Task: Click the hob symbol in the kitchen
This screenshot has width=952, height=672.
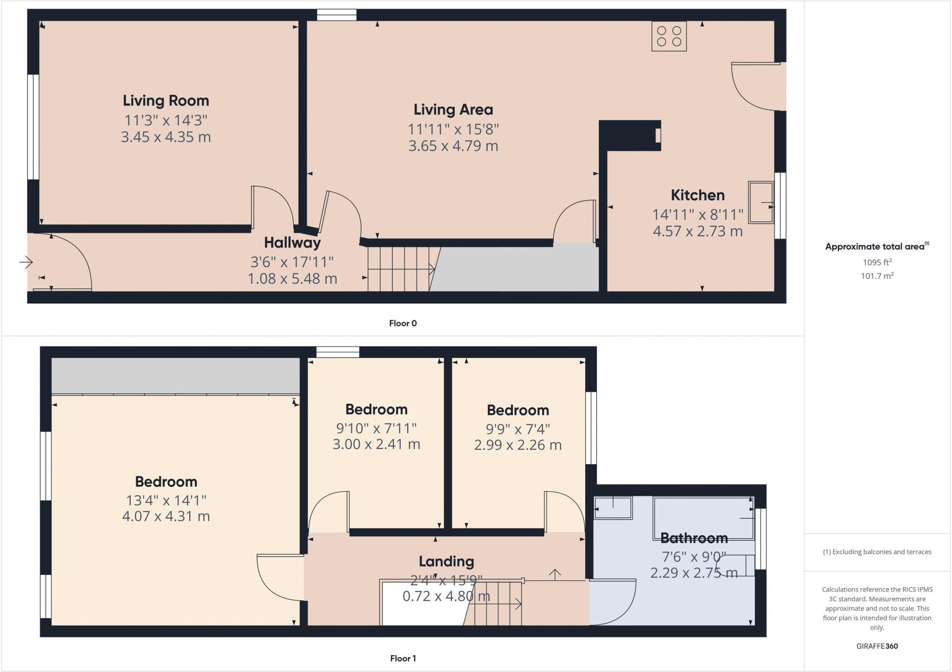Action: [669, 36]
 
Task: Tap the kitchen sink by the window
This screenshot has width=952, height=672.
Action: [761, 203]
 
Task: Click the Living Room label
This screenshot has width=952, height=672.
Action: [166, 100]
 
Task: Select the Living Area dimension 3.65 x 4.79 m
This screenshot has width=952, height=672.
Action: [453, 146]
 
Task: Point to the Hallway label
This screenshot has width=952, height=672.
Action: [292, 243]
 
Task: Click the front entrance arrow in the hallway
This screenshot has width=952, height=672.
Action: [26, 263]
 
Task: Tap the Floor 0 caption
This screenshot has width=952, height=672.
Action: [403, 323]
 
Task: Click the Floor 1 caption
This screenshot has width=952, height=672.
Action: [403, 659]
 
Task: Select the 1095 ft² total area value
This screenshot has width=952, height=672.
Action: [877, 262]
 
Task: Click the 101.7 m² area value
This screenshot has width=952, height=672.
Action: [877, 276]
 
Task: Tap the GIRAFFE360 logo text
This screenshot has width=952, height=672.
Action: [877, 646]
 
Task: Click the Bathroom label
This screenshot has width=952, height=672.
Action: [694, 538]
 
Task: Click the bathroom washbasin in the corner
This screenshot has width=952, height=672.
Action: [613, 507]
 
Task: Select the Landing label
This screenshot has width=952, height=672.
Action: [446, 561]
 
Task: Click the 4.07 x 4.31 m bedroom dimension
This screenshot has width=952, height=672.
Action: [166, 516]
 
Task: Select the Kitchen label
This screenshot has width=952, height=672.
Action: [697, 195]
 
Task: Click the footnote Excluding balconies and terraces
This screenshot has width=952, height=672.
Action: [877, 552]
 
